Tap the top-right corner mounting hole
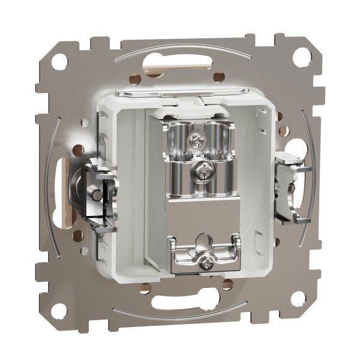(302, 56)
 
